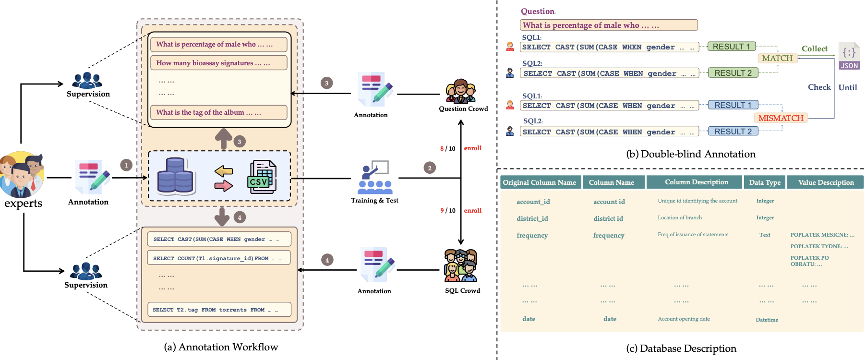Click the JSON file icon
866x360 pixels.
pos(849,56)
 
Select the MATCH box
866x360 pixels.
pos(777,58)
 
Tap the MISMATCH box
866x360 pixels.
pos(781,118)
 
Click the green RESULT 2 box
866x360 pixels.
pos(733,73)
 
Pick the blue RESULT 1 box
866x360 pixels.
pos(733,105)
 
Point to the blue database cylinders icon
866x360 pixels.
pos(175,176)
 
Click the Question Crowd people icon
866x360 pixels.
pos(461,91)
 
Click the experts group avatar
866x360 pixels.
pos(22,175)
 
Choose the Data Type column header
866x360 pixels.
pos(765,182)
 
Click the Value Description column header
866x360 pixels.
pos(826,182)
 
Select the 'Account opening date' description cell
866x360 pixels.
pos(684,319)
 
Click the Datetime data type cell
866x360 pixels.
pos(767,320)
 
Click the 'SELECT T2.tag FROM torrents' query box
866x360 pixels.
pos(219,310)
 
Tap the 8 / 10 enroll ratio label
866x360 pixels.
pos(447,148)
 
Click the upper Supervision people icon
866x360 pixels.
pos(87,80)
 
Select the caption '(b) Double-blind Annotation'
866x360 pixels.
pos(691,154)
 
